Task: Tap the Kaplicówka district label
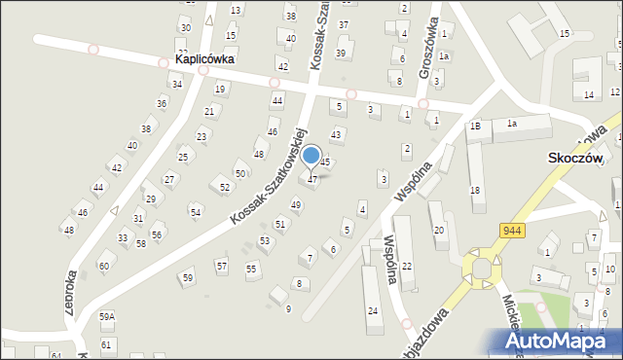(207, 59)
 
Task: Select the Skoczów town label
(575, 158)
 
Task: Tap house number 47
(311, 180)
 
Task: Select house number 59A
(107, 316)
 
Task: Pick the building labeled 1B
(475, 126)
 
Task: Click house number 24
(373, 310)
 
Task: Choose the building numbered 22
(407, 266)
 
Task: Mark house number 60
(103, 266)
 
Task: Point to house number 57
(222, 265)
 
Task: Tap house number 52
(225, 188)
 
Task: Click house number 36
(162, 103)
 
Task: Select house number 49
(296, 205)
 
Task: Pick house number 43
(336, 134)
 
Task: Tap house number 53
(264, 240)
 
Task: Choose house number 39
(341, 53)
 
